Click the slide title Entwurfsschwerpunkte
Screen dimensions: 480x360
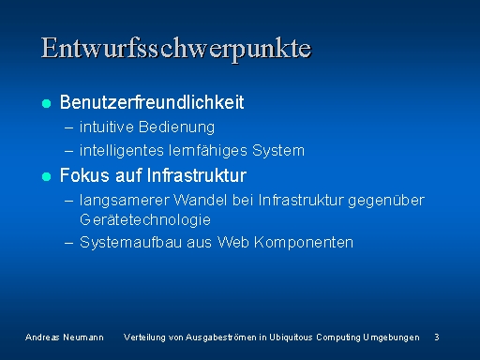tap(176, 50)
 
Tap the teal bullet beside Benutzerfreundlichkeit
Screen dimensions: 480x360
tap(46, 103)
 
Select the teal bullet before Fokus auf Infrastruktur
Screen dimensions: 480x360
tap(46, 176)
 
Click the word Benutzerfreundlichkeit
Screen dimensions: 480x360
tap(152, 102)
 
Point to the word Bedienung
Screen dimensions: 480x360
tap(176, 127)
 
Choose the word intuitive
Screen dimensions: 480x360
tap(107, 127)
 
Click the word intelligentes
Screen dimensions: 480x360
tap(122, 151)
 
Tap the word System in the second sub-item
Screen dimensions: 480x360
tap(278, 151)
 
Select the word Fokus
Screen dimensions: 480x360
tap(84, 175)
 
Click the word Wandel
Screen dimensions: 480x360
tap(200, 200)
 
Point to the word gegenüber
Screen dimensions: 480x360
tap(386, 201)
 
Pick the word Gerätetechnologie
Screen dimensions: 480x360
tap(145, 219)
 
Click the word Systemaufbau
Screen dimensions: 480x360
tap(130, 242)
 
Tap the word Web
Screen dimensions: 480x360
tap(233, 242)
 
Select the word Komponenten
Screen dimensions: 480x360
tap(304, 243)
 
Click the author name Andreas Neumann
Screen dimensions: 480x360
tap(65, 337)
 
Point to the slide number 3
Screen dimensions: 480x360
tap(437, 337)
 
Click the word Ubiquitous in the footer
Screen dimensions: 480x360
tap(291, 337)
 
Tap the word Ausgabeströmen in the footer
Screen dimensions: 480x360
tap(221, 337)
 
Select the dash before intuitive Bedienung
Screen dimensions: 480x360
tap(68, 127)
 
